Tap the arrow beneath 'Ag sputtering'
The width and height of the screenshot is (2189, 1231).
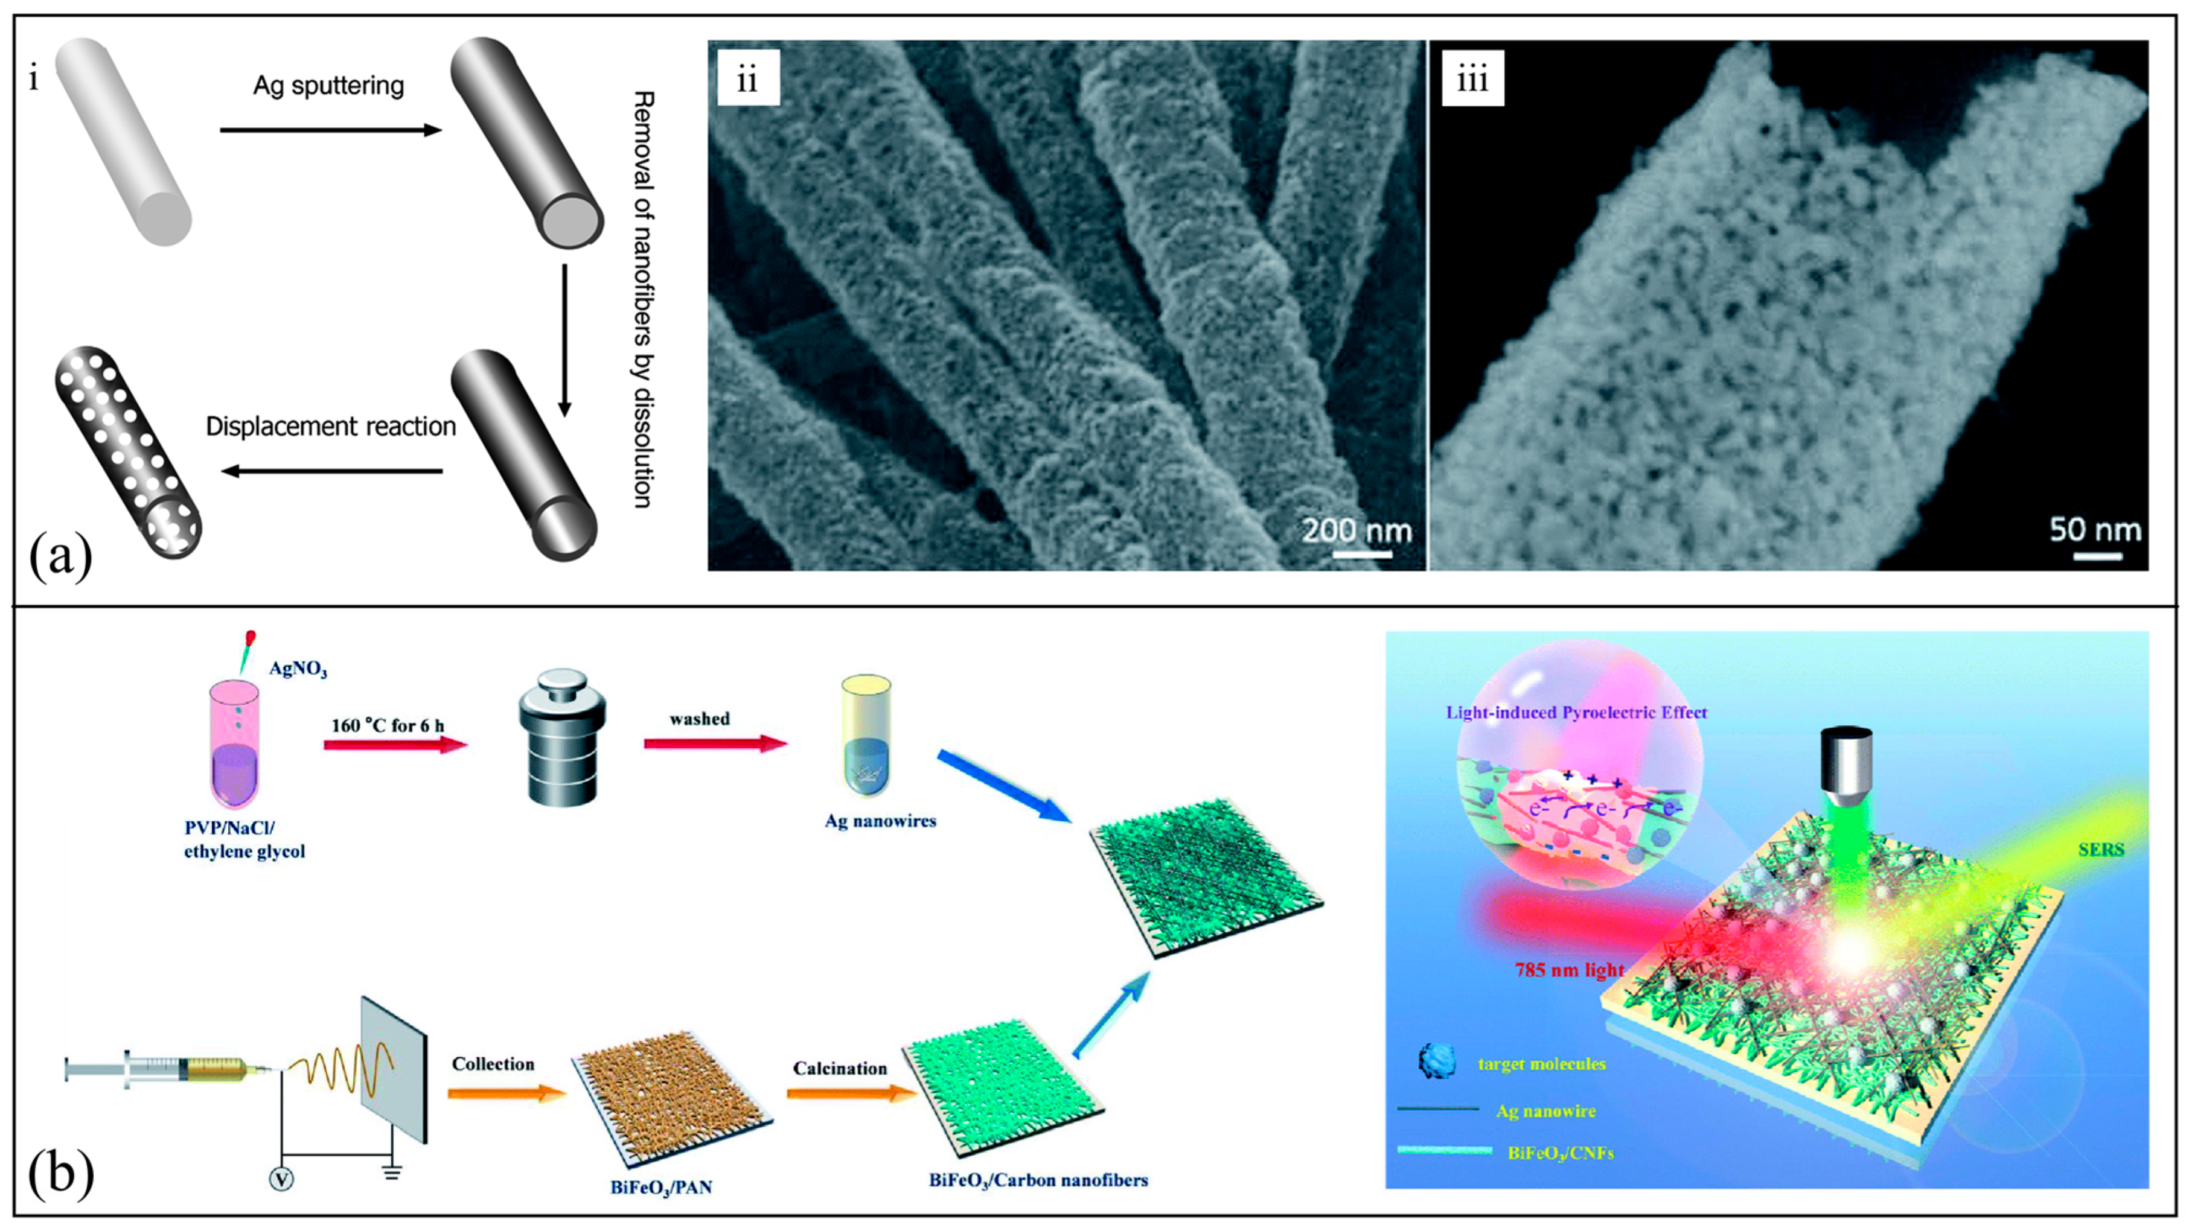(x=331, y=130)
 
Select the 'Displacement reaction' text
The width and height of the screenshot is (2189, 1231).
(x=331, y=427)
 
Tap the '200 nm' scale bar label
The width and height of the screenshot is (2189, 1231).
(x=1357, y=531)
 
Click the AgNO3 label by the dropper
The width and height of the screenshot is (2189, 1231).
(x=298, y=669)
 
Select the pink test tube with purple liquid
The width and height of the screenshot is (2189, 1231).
(x=234, y=748)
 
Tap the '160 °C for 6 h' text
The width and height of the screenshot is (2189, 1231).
(x=388, y=725)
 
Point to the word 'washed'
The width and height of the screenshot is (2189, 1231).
(x=699, y=719)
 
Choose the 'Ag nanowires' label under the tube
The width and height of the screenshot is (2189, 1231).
(x=880, y=821)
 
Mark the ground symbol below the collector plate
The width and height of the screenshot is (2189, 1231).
(x=392, y=1173)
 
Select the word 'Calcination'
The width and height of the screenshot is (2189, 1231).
(x=840, y=1068)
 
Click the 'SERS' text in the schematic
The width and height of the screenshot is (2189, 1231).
(x=2101, y=848)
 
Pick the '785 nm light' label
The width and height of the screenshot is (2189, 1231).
(x=1568, y=969)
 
